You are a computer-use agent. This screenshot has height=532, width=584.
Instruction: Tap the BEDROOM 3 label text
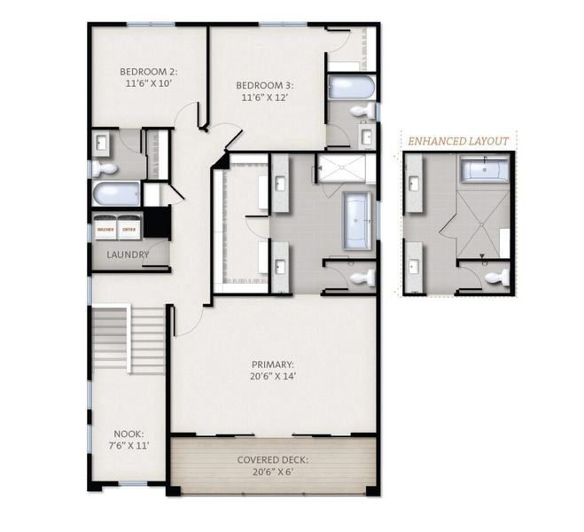click(264, 92)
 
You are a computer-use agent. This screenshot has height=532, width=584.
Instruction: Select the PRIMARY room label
click(272, 370)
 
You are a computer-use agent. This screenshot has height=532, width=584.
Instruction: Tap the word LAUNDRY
click(127, 255)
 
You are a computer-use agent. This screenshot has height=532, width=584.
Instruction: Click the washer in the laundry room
click(106, 229)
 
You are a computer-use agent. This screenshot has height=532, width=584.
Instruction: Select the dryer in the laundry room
click(129, 229)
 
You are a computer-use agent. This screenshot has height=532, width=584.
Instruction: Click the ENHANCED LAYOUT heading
click(457, 141)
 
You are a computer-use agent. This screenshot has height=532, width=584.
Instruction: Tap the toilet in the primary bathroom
click(360, 278)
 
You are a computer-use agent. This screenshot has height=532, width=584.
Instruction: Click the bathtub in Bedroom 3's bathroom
click(350, 87)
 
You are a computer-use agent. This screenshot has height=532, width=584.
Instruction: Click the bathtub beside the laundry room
click(116, 193)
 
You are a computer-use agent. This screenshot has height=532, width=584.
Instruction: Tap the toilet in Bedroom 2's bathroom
click(104, 168)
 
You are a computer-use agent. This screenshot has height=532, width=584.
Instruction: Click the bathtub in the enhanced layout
click(484, 169)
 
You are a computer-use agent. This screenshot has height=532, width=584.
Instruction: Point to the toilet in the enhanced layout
click(497, 278)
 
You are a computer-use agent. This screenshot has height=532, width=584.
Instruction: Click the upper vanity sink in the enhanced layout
click(415, 184)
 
